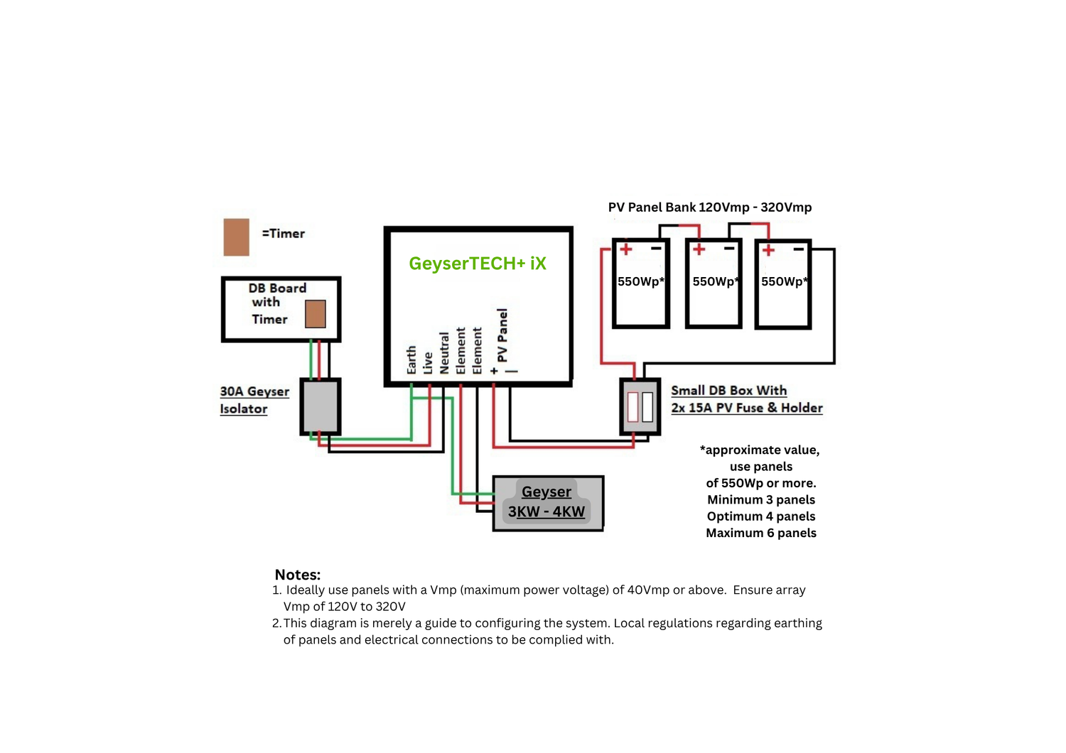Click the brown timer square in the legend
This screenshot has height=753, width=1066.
(x=236, y=237)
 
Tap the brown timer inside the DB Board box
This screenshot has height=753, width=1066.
(x=316, y=313)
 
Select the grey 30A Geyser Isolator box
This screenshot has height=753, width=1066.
(x=321, y=406)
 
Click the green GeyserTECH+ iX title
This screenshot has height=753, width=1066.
(x=477, y=264)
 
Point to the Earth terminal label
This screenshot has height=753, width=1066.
(x=411, y=360)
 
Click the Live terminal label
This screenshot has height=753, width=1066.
(x=428, y=363)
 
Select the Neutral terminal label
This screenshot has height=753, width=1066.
(x=444, y=353)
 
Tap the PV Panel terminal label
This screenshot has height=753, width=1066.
(x=502, y=335)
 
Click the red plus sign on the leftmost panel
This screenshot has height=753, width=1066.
(x=626, y=249)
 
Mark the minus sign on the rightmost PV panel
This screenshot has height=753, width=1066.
(x=799, y=249)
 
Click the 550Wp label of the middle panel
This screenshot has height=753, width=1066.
(x=715, y=281)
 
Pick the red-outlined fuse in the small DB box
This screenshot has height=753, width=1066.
(x=633, y=407)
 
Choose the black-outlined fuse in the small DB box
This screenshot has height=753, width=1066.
(x=647, y=407)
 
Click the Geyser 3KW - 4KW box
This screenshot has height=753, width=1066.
(x=548, y=503)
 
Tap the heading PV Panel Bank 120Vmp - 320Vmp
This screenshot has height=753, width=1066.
(x=709, y=207)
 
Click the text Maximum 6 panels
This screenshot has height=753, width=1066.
(x=760, y=533)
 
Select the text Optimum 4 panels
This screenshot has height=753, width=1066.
(x=760, y=516)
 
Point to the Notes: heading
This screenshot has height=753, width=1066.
(x=297, y=575)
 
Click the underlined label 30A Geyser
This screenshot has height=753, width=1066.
(x=254, y=391)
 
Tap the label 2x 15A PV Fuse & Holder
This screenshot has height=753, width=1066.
(x=746, y=408)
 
